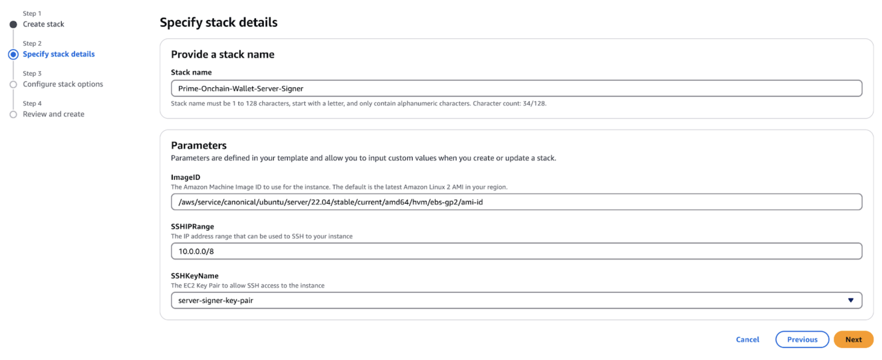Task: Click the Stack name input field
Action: point(516,88)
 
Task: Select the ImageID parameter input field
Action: point(516,202)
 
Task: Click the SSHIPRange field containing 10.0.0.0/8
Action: point(516,251)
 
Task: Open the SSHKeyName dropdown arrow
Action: point(851,300)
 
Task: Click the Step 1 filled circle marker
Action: point(13,24)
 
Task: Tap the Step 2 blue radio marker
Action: point(13,54)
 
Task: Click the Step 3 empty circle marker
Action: point(13,84)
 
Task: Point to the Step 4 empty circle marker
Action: point(13,114)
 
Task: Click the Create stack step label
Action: point(43,24)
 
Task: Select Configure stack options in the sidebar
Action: point(63,84)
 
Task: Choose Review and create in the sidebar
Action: point(53,114)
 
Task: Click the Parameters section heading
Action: point(199,145)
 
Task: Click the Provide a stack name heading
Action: point(223,54)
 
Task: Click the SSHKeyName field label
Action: point(194,276)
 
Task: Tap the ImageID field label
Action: point(186,177)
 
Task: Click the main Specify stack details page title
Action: point(218,22)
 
